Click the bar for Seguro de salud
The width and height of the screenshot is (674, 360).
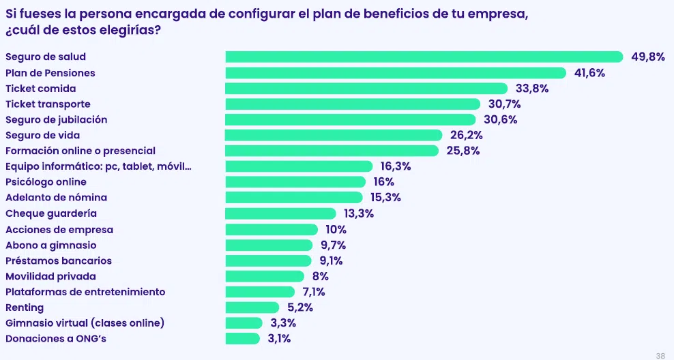click(x=424, y=57)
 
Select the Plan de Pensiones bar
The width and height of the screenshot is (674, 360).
click(x=396, y=73)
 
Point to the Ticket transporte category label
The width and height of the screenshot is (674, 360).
click(x=48, y=104)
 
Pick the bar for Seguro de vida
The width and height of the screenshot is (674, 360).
click(x=334, y=135)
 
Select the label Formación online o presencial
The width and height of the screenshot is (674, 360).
click(x=80, y=151)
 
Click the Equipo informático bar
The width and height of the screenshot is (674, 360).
click(x=299, y=166)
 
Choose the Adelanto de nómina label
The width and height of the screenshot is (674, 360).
click(x=56, y=198)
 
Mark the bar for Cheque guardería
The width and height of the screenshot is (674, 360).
click(x=280, y=213)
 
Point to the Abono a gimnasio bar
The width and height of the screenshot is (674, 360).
click(x=269, y=245)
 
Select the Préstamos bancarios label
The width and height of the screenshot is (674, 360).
click(x=59, y=260)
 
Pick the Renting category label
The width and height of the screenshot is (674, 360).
click(x=25, y=307)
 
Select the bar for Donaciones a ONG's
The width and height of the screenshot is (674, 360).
click(x=243, y=339)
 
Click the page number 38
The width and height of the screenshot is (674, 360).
click(x=660, y=355)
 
